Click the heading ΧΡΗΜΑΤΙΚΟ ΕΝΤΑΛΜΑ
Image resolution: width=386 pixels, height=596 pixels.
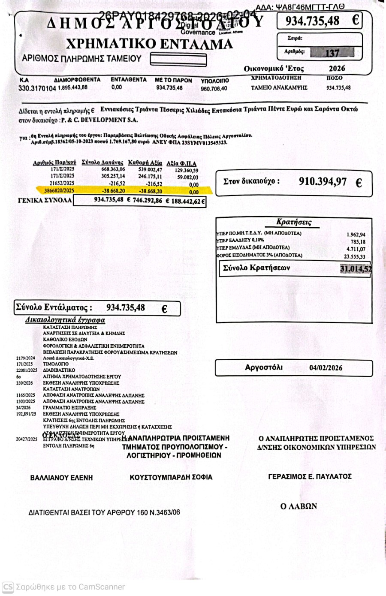[149, 44]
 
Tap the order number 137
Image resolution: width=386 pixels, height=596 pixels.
[332, 53]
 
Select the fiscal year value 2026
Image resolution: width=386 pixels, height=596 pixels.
[337, 69]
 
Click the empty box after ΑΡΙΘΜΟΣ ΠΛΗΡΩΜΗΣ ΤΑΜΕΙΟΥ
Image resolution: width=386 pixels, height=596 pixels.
[178, 60]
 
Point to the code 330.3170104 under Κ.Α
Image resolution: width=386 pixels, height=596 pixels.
[37, 88]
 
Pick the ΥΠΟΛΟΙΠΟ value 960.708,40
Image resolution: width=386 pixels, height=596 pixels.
[214, 89]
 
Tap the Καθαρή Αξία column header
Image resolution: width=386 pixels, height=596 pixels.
[145, 163]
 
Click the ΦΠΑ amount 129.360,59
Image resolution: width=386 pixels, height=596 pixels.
[187, 170]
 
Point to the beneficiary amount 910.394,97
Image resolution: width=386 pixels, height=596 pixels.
[323, 182]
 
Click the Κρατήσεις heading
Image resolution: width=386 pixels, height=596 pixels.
[294, 222]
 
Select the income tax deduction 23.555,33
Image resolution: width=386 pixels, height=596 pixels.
[355, 257]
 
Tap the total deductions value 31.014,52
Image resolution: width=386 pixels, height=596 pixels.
[356, 269]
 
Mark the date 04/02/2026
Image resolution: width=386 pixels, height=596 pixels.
[326, 368]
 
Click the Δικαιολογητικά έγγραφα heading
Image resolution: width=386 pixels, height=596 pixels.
[65, 320]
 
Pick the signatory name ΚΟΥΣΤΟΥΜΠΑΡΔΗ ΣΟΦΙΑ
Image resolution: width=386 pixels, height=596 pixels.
[171, 477]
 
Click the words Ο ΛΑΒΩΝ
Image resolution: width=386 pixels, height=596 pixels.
[299, 506]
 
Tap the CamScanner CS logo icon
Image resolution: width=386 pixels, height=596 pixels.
[8, 587]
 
